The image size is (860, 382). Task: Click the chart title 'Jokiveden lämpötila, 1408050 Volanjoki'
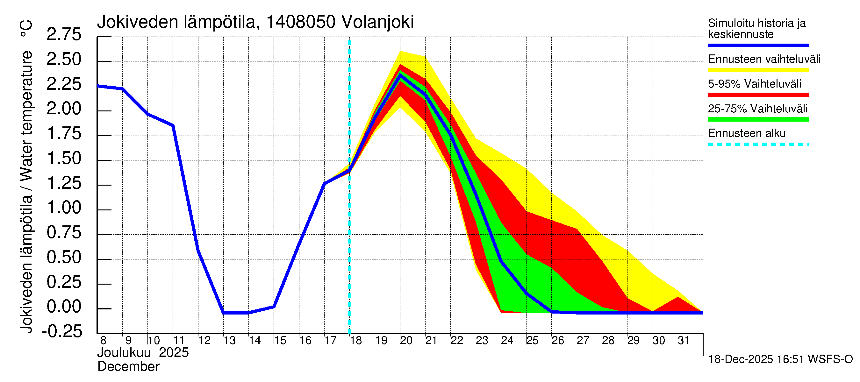point(255,22)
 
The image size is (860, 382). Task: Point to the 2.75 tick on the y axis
point(64,34)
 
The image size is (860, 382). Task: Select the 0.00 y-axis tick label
point(64,307)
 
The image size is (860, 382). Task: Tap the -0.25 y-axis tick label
point(62,331)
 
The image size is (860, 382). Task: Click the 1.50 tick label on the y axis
point(64,158)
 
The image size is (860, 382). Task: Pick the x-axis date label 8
point(103,341)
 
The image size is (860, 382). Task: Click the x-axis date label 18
point(356,341)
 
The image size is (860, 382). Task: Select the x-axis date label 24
point(507,341)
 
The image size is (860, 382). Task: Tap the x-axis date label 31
point(684,341)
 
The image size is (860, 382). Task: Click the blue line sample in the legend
point(758,45)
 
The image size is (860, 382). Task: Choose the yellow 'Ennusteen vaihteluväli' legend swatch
point(758,70)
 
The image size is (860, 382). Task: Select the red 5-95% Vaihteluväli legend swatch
point(758,95)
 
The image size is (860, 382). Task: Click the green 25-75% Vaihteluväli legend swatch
point(758,119)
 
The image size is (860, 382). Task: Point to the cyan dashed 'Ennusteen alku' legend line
point(758,145)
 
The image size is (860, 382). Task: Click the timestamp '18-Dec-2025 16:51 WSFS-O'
point(780,359)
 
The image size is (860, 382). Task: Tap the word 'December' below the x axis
point(128,367)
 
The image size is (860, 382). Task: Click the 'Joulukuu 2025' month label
point(143,353)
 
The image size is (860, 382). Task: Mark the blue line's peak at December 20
point(400,75)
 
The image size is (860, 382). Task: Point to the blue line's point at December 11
point(173,125)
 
